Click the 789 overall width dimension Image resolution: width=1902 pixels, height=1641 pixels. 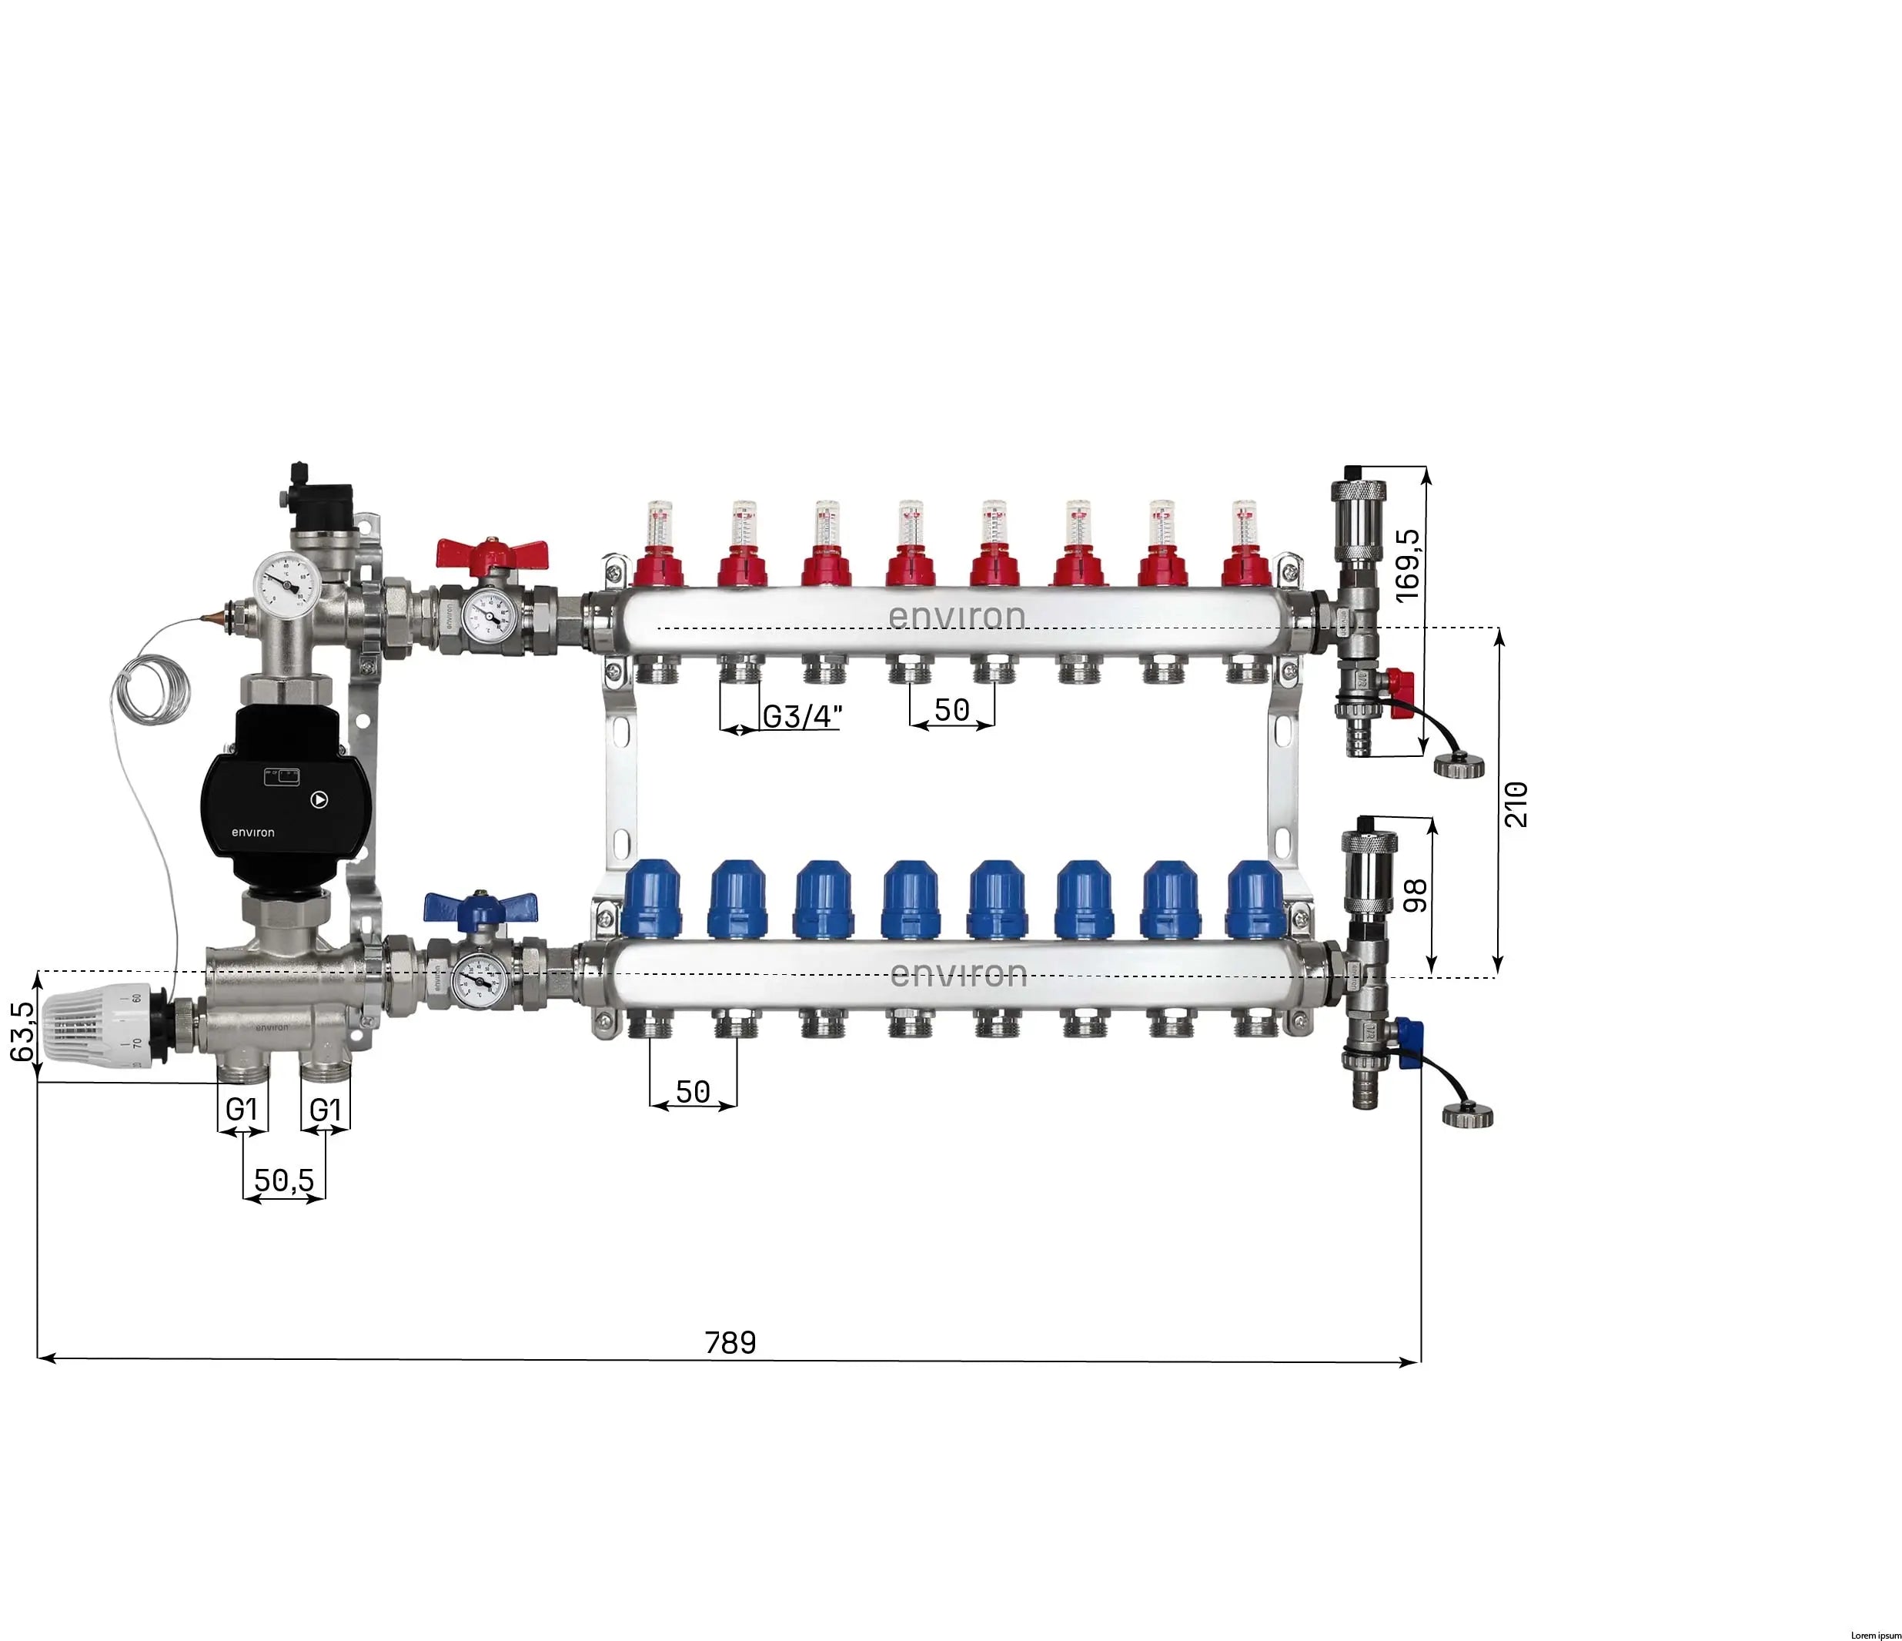click(x=730, y=1342)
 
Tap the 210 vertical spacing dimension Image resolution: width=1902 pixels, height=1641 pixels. click(x=1516, y=803)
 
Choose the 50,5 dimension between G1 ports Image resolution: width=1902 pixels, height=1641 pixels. click(x=284, y=1180)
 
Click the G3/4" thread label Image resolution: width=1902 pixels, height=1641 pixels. click(x=801, y=716)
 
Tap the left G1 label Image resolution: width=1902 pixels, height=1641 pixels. click(x=242, y=1110)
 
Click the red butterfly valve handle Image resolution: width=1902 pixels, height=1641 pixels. click(x=491, y=553)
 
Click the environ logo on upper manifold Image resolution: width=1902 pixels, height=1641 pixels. click(x=957, y=616)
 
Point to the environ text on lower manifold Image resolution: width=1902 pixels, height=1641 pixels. click(x=958, y=973)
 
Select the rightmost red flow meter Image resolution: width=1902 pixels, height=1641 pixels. click(x=1245, y=544)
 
